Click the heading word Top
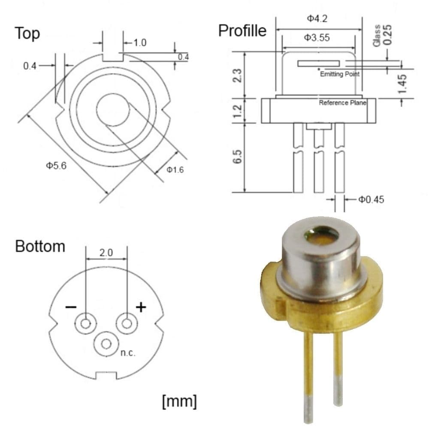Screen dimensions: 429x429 tap(27, 33)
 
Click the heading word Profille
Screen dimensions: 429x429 tap(242, 31)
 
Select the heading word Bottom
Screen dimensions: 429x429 tap(40, 247)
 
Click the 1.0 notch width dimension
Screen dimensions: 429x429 tap(140, 43)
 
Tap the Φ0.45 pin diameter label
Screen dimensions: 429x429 tap(371, 199)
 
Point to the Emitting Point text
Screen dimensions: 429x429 tap(340, 75)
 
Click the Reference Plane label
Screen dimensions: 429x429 tap(342, 103)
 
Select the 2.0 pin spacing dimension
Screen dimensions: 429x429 tap(106, 253)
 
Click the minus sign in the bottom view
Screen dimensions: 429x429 tap(71, 307)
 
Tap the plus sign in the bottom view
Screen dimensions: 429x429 tap(141, 307)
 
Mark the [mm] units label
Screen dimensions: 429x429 tap(180, 401)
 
